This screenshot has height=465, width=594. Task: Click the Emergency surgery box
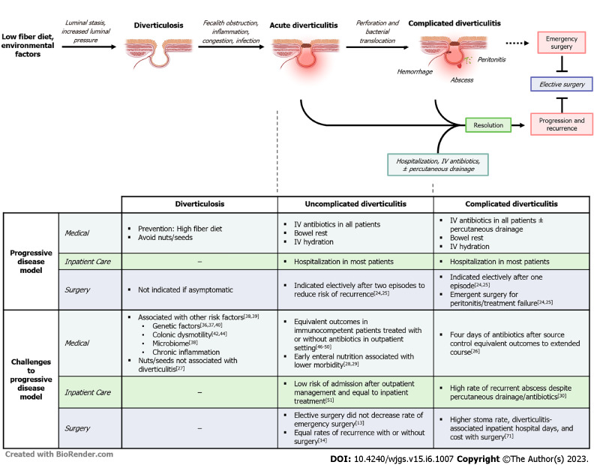pyautogui.click(x=562, y=43)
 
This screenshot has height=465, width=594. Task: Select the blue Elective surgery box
pyautogui.click(x=562, y=84)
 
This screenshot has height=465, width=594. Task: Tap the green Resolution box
pyautogui.click(x=488, y=125)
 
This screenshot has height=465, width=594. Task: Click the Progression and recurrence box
pyautogui.click(x=562, y=124)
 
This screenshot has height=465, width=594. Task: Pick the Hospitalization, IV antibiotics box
pyautogui.click(x=438, y=165)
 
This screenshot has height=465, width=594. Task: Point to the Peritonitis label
pyautogui.click(x=491, y=59)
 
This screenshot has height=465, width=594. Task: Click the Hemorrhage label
pyautogui.click(x=415, y=72)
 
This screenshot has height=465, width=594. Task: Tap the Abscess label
pyautogui.click(x=462, y=80)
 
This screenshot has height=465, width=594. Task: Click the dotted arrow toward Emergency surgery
pyautogui.click(x=517, y=43)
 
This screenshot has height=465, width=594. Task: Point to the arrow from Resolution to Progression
pyautogui.click(x=518, y=125)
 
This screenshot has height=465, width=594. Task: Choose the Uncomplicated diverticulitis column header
pyautogui.click(x=355, y=204)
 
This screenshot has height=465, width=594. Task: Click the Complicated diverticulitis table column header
pyautogui.click(x=511, y=204)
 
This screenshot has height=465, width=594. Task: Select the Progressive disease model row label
pyautogui.click(x=31, y=262)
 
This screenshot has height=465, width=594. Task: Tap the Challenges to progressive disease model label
pyautogui.click(x=31, y=379)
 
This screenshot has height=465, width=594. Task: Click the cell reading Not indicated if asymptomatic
pyautogui.click(x=185, y=289)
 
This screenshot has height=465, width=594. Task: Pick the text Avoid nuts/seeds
pyautogui.click(x=165, y=238)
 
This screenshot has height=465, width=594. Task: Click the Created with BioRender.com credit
pyautogui.click(x=59, y=454)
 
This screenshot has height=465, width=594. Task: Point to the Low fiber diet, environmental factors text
pyautogui.click(x=28, y=46)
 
